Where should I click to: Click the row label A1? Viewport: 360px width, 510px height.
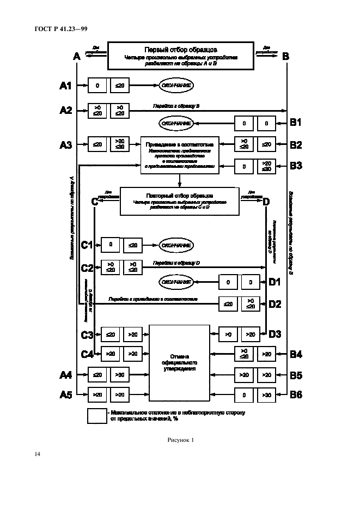(x=65, y=86)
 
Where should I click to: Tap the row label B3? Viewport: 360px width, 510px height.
(x=296, y=166)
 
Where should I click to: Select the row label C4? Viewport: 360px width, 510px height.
(x=87, y=354)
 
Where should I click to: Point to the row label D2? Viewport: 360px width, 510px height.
(x=274, y=304)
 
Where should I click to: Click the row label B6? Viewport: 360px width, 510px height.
(x=296, y=394)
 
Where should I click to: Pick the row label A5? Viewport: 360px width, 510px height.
(x=65, y=394)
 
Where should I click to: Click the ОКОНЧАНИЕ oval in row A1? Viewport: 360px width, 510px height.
(x=176, y=86)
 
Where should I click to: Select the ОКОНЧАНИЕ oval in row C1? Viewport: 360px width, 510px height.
(x=176, y=245)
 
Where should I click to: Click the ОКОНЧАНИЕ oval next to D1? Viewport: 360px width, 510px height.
(x=176, y=282)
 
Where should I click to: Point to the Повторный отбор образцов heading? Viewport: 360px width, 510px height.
(x=180, y=195)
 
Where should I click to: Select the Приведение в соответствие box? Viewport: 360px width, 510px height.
(x=180, y=155)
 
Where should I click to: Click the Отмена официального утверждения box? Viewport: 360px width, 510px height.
(x=179, y=362)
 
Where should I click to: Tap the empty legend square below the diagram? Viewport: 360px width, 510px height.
(x=96, y=416)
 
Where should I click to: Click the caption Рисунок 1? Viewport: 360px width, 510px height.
(x=180, y=440)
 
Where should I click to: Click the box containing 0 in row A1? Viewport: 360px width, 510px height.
(x=97, y=86)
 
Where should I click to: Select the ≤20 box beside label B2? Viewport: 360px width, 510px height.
(x=266, y=144)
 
